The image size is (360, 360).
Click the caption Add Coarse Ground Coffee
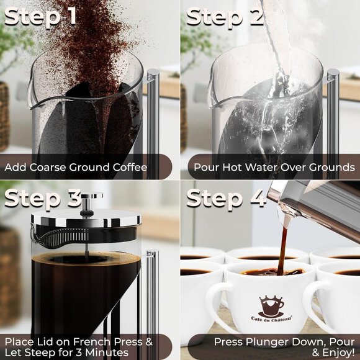pos(76,168)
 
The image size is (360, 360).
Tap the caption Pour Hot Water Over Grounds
pos(274,168)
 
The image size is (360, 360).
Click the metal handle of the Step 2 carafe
pos(333,112)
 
